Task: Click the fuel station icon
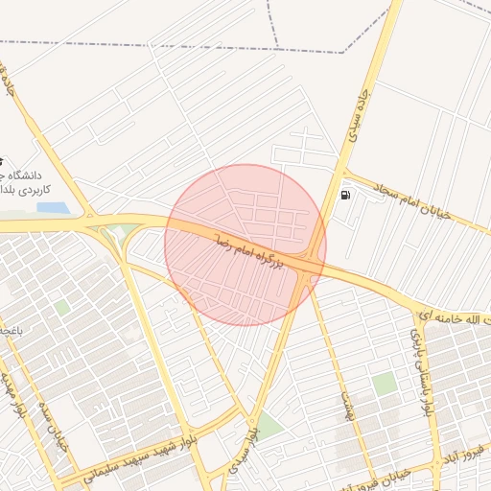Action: [345, 196]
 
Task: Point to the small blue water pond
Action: [53, 206]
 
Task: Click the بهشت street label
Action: [342, 393]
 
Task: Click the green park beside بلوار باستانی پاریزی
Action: [385, 384]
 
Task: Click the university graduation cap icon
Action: [2, 160]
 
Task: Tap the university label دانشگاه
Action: [29, 174]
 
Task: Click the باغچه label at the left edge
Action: [10, 330]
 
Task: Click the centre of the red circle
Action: [245, 245]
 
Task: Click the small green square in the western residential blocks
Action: [61, 308]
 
